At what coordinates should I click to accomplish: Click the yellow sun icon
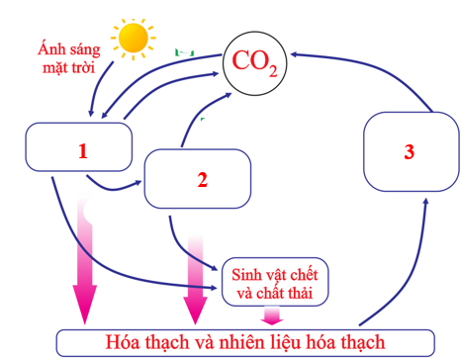134,38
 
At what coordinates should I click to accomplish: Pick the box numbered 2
202,178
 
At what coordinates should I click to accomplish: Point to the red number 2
202,180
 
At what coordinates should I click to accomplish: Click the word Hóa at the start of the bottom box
125,342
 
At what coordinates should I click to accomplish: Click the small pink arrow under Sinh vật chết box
270,315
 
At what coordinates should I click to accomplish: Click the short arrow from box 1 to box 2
114,185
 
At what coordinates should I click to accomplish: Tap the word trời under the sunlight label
88,66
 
